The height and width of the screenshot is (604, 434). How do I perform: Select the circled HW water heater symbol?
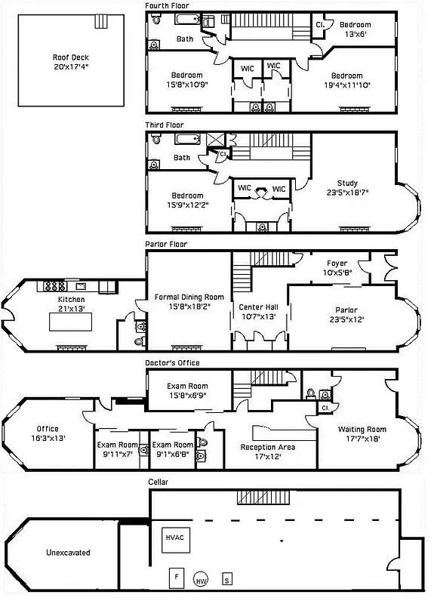point(201,580)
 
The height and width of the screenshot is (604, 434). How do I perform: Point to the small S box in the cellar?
point(227,580)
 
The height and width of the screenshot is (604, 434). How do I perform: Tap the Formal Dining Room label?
point(188,297)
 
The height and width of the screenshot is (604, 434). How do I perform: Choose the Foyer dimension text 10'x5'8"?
point(337,273)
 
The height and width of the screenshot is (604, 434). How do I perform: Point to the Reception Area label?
point(267,447)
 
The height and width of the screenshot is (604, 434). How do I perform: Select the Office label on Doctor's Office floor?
point(48,429)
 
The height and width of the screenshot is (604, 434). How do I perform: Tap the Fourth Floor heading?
point(167,5)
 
